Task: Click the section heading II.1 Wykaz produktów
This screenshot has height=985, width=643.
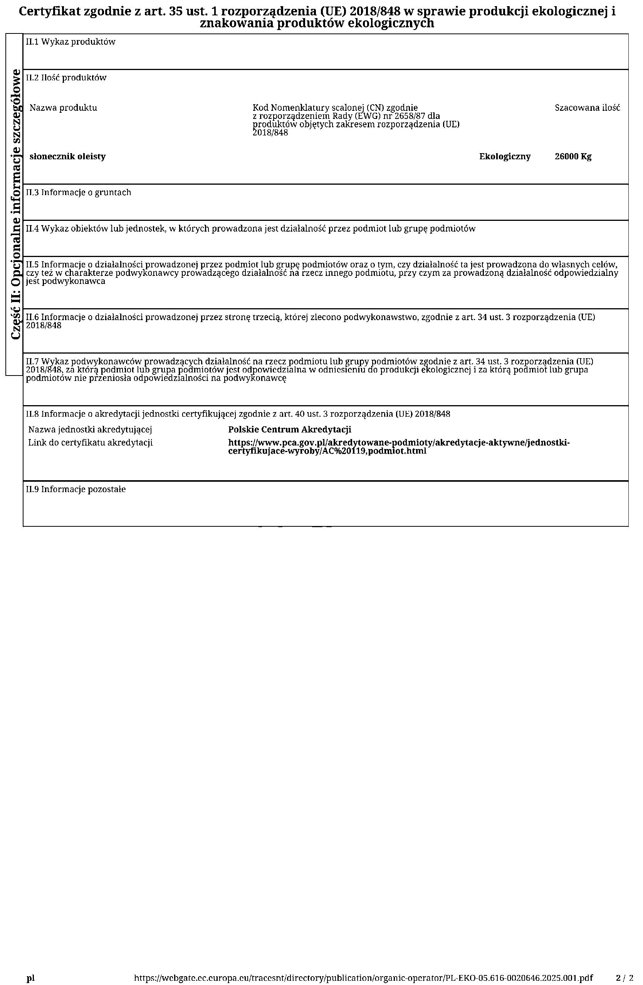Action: coord(71,42)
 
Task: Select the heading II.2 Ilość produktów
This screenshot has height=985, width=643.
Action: coord(66,78)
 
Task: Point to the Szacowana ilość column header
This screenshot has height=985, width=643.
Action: coord(587,108)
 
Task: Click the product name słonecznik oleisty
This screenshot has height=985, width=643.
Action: coord(67,157)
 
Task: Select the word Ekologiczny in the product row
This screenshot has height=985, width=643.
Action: coord(505,157)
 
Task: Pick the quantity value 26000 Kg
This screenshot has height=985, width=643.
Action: coord(573,157)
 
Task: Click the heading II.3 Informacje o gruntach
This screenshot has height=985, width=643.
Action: coord(78,192)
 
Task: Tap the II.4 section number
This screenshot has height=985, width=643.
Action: coord(32,229)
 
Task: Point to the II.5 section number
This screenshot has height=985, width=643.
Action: coord(32,264)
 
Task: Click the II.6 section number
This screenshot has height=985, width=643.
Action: coord(32,317)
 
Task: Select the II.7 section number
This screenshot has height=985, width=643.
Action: coord(32,361)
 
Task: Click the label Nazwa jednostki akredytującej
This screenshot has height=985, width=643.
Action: coord(90,430)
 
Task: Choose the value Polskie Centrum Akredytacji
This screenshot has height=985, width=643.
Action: coord(290,430)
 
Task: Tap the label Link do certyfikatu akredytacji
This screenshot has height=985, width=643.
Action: coord(90,442)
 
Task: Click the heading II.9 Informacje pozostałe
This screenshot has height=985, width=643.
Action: coord(76,489)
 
